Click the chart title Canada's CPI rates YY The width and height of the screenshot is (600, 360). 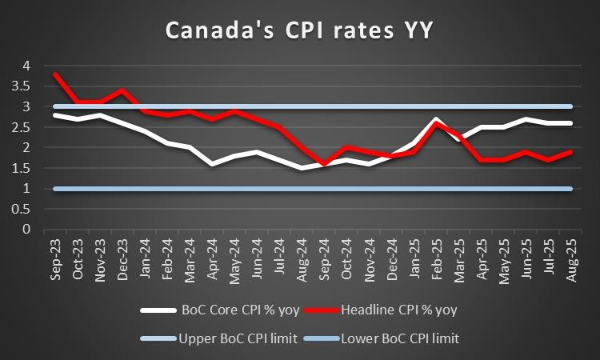point(300,31)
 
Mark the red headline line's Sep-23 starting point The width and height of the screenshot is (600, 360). point(54,74)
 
